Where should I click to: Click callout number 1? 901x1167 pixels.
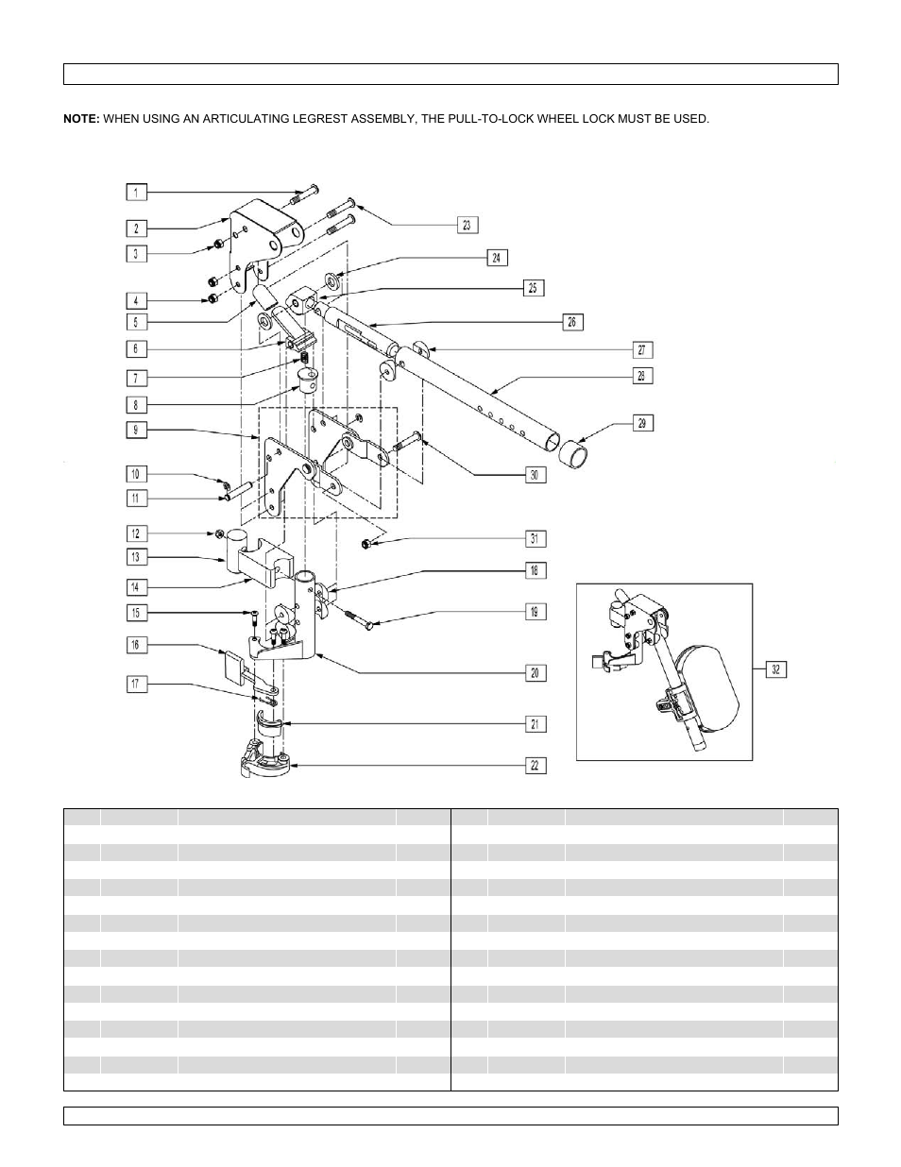click(x=136, y=193)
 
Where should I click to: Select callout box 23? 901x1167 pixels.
click(x=467, y=225)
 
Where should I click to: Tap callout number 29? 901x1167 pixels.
click(x=641, y=423)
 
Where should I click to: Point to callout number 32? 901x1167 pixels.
click(x=774, y=669)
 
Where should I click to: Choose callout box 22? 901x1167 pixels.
click(x=535, y=766)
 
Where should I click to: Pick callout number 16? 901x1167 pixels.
click(x=136, y=645)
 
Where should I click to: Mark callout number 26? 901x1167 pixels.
click(x=572, y=322)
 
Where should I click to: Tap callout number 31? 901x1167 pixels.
click(x=535, y=539)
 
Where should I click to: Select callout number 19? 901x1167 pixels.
click(x=535, y=612)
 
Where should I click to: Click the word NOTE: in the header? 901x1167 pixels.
click(x=81, y=119)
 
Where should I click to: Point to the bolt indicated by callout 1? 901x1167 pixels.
click(x=304, y=195)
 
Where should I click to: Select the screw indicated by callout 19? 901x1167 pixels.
click(x=362, y=618)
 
